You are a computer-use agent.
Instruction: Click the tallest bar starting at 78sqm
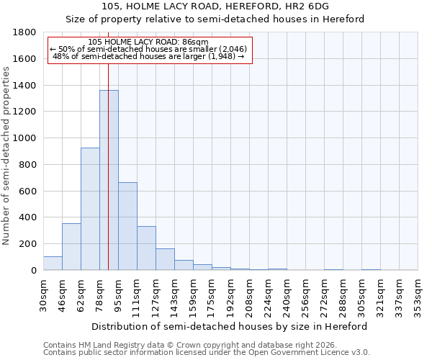coord(109,180)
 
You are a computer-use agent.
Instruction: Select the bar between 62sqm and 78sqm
coord(90,209)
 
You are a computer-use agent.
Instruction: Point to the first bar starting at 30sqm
coord(53,264)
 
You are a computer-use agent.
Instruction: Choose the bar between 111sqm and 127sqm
coord(146,248)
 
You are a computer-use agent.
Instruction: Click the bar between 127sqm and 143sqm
coord(165,259)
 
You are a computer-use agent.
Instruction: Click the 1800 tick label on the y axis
coord(25,32)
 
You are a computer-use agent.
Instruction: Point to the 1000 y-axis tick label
coord(25,138)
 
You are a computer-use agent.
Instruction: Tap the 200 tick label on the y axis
coord(28,244)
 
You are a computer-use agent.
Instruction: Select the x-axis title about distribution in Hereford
coord(230,326)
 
